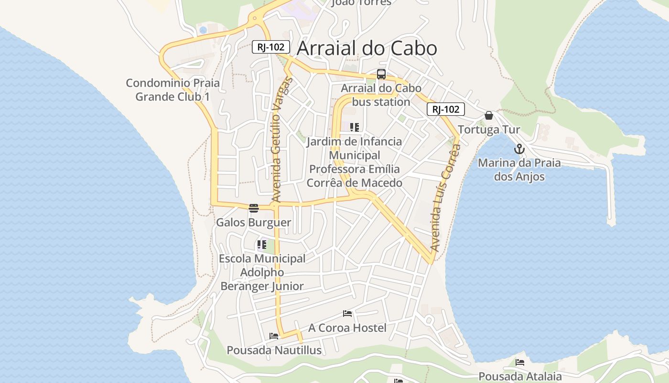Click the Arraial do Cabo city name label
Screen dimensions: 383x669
click(367, 48)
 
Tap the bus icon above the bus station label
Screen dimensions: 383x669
click(381, 74)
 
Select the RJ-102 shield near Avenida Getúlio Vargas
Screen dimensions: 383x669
click(271, 47)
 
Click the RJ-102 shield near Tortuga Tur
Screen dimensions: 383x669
click(445, 109)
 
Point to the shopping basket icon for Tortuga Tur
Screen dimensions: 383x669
click(488, 115)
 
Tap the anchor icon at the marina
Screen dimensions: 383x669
click(519, 149)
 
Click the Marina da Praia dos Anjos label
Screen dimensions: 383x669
click(519, 169)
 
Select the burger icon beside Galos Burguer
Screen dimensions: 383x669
click(253, 208)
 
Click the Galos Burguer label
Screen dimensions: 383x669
click(253, 223)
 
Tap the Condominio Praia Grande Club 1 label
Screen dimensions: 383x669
click(173, 90)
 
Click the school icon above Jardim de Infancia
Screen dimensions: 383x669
click(354, 127)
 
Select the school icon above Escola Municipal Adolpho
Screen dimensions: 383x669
click(262, 245)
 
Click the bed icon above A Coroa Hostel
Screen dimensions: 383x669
click(347, 314)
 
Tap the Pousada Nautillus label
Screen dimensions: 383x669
click(274, 350)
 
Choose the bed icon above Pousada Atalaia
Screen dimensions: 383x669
click(520, 362)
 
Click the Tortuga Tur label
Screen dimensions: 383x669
click(489, 130)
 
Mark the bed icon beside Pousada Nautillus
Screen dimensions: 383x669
click(274, 336)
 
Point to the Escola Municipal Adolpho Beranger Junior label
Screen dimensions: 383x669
click(262, 272)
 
